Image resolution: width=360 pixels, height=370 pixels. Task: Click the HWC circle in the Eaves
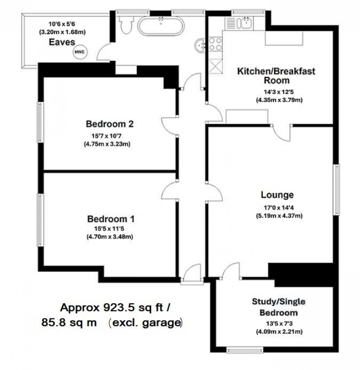[80, 52]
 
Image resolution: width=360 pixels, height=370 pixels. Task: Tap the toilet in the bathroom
[126, 24]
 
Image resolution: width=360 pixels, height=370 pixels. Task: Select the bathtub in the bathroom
[161, 26]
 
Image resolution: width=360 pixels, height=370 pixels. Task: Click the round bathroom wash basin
[200, 45]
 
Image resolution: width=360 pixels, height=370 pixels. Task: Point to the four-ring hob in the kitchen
[215, 44]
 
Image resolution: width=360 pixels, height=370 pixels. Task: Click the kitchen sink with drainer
[239, 23]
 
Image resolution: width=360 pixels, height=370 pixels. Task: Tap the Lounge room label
[277, 195]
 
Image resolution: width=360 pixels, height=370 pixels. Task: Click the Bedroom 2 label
[110, 124]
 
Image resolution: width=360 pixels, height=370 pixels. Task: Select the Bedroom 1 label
[111, 219]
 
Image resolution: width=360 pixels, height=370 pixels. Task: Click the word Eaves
[62, 42]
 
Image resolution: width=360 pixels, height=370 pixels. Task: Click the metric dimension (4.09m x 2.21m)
[279, 332]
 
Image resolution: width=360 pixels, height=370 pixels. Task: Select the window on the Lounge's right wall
[336, 190]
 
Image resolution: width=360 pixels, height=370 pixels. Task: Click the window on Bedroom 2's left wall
[40, 122]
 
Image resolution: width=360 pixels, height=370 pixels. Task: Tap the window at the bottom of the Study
[245, 350]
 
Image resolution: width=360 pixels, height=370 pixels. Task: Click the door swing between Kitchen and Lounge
[282, 133]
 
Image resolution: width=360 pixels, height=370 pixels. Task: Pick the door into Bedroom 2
[170, 126]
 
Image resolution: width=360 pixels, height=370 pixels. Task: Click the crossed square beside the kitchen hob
[215, 66]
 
